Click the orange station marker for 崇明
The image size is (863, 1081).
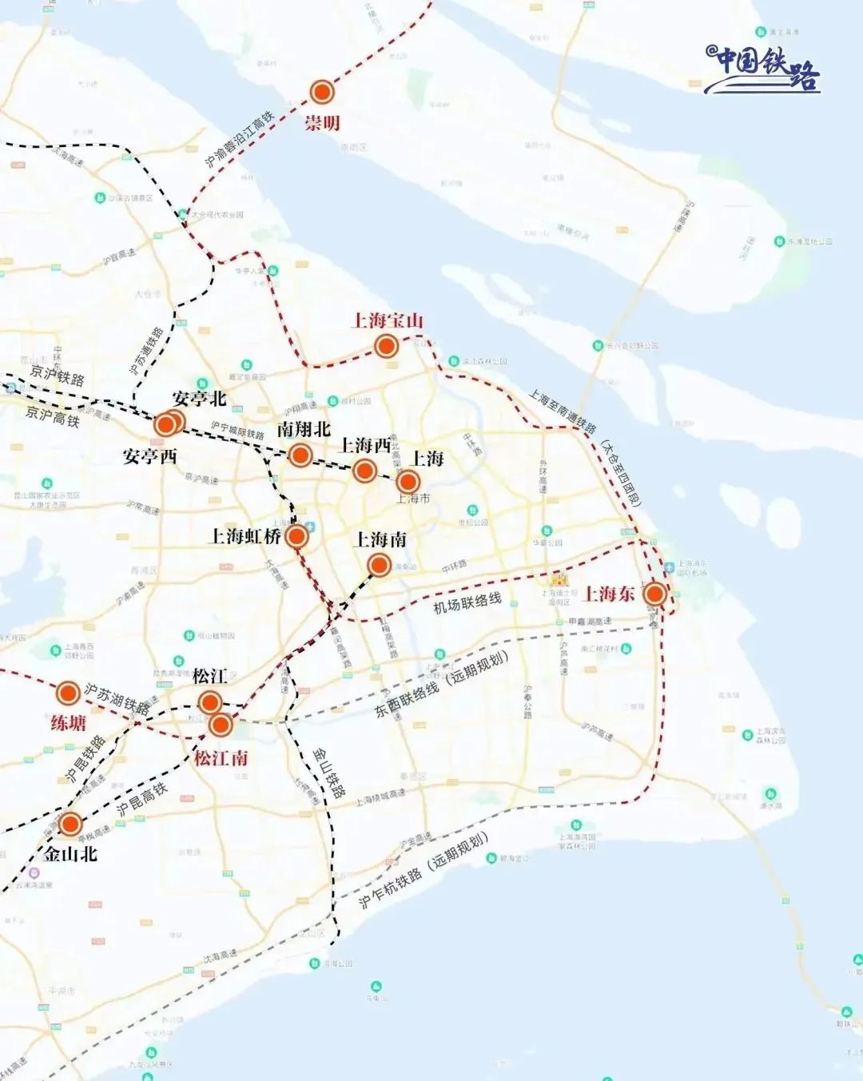point(322,93)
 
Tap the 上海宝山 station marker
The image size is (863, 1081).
point(387,346)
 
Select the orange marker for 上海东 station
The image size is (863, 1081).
point(655,594)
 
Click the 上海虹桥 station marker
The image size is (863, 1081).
point(296,536)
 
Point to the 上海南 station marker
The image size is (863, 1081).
point(380,566)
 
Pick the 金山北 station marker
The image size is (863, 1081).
point(70,824)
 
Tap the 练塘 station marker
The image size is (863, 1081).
point(68,691)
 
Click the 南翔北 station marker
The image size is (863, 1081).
point(300,455)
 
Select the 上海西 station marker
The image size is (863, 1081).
point(364,471)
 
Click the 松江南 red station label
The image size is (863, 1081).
point(221,757)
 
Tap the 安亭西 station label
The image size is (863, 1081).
point(149,456)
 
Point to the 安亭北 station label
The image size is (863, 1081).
point(199,398)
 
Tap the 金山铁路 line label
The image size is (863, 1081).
point(328,773)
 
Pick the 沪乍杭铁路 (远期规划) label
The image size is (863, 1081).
point(423,871)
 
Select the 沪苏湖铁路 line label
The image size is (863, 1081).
point(117,698)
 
